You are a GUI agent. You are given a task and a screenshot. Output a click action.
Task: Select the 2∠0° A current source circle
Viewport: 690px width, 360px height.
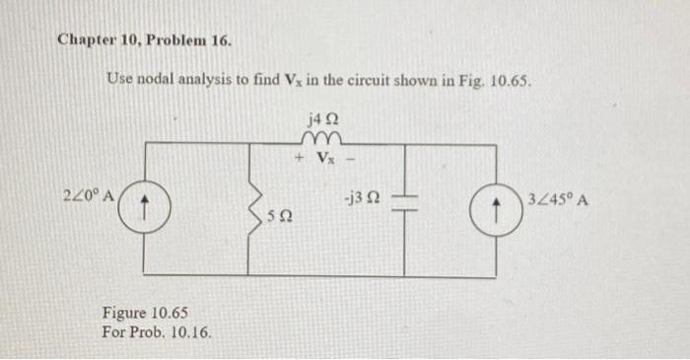pyautogui.click(x=144, y=209)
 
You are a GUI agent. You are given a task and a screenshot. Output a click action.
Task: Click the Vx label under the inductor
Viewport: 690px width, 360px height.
pyautogui.click(x=323, y=158)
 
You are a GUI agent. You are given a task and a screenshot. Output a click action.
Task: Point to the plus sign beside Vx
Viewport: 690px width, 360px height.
pyautogui.click(x=298, y=158)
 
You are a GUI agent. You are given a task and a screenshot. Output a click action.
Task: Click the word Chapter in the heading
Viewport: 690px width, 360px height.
pyautogui.click(x=87, y=40)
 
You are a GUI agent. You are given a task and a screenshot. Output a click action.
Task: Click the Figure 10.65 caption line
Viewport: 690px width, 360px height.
pyautogui.click(x=144, y=314)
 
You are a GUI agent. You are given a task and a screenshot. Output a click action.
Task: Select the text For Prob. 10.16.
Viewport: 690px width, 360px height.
pyautogui.click(x=156, y=331)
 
